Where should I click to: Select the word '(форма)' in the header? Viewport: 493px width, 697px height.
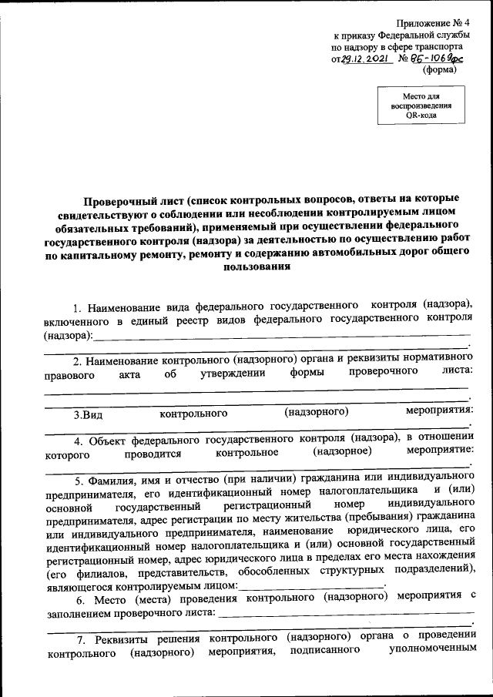[440, 69]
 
